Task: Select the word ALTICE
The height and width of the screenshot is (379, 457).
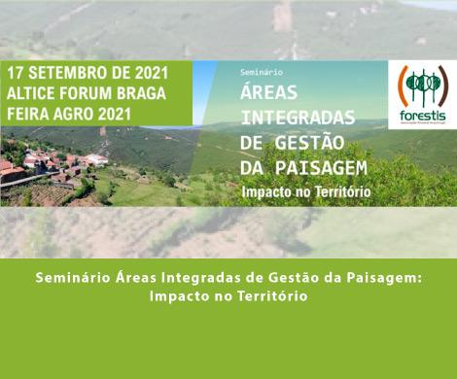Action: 35,93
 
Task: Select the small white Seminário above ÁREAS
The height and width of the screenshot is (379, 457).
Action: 261,72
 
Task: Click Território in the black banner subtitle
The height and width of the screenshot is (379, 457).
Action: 336,191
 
